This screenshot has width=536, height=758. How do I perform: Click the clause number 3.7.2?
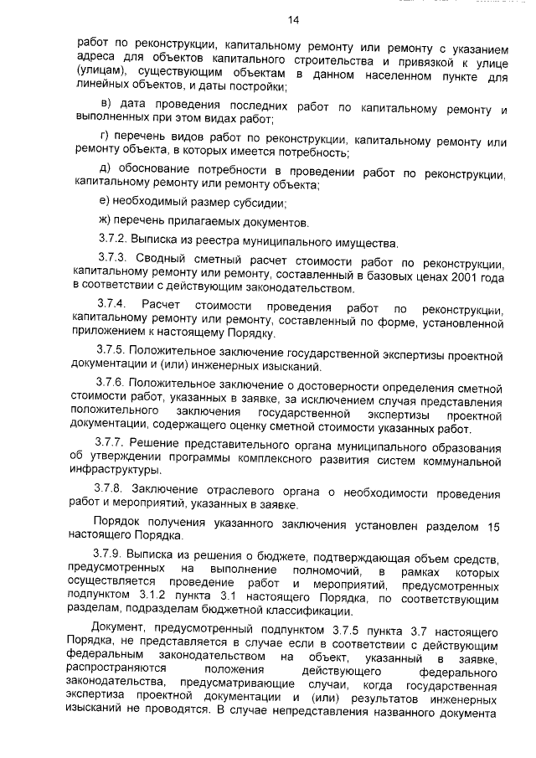coord(111,243)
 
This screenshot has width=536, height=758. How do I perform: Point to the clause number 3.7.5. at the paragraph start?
coord(113,353)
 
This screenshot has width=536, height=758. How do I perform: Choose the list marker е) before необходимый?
coord(105,203)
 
